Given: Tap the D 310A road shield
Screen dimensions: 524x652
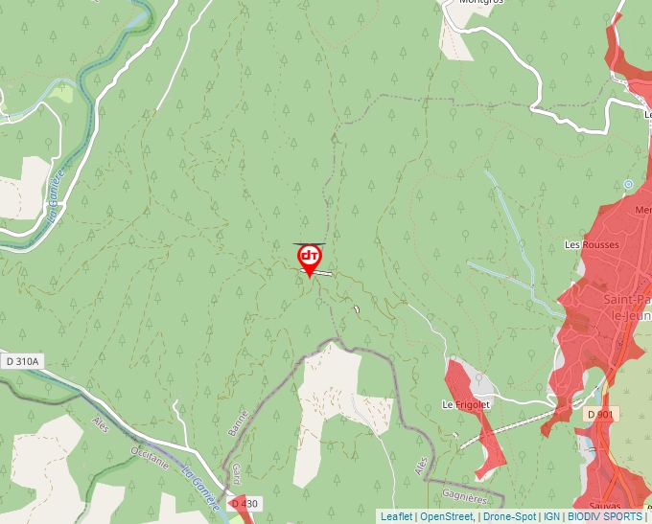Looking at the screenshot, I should (22, 361).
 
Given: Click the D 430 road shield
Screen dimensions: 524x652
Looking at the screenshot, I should (244, 504).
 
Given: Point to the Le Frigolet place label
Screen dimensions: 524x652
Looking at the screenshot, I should (466, 405).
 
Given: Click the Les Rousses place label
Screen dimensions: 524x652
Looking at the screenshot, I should (592, 244).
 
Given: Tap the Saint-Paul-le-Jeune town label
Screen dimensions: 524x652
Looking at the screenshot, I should (628, 307).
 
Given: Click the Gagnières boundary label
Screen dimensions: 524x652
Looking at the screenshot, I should (466, 496).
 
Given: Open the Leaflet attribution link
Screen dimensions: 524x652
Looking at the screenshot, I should (396, 516).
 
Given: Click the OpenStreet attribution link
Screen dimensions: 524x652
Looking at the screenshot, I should (446, 516).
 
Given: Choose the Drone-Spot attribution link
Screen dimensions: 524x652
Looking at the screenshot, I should (509, 516).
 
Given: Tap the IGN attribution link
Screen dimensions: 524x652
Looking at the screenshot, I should (551, 516).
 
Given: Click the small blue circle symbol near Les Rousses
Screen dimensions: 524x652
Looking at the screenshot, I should (628, 184).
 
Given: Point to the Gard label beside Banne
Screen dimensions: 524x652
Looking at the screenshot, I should (236, 474).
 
